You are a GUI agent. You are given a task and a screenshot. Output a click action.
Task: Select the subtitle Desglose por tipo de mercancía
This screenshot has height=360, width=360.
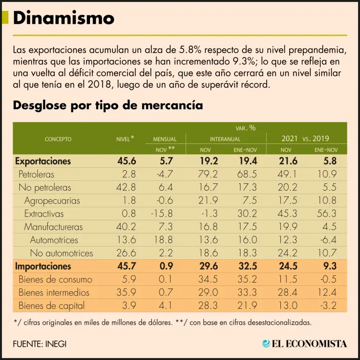coord(108,105)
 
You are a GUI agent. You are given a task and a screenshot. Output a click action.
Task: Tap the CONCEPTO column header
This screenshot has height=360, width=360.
coord(58,139)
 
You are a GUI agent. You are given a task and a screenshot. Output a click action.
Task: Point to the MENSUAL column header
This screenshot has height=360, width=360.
coord(165,139)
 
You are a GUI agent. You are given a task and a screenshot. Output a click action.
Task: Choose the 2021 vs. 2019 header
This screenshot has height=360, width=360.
coord(305,139)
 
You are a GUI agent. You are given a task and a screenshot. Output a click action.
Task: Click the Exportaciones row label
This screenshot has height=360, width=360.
coord(43,161)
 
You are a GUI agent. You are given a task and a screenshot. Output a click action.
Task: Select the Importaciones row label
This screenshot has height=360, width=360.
coord(43,266)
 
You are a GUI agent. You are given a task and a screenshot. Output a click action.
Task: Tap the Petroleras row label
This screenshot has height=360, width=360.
coord(37,174)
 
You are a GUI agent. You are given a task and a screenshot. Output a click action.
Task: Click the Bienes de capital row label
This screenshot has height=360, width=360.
coord(52,306)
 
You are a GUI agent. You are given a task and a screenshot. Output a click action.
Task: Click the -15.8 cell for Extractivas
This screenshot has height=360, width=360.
coord(162,214)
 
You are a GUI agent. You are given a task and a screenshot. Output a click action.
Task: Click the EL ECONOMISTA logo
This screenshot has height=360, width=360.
coord(305,344)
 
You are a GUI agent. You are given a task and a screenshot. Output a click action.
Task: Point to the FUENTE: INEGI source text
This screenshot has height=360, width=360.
coord(40,344)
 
